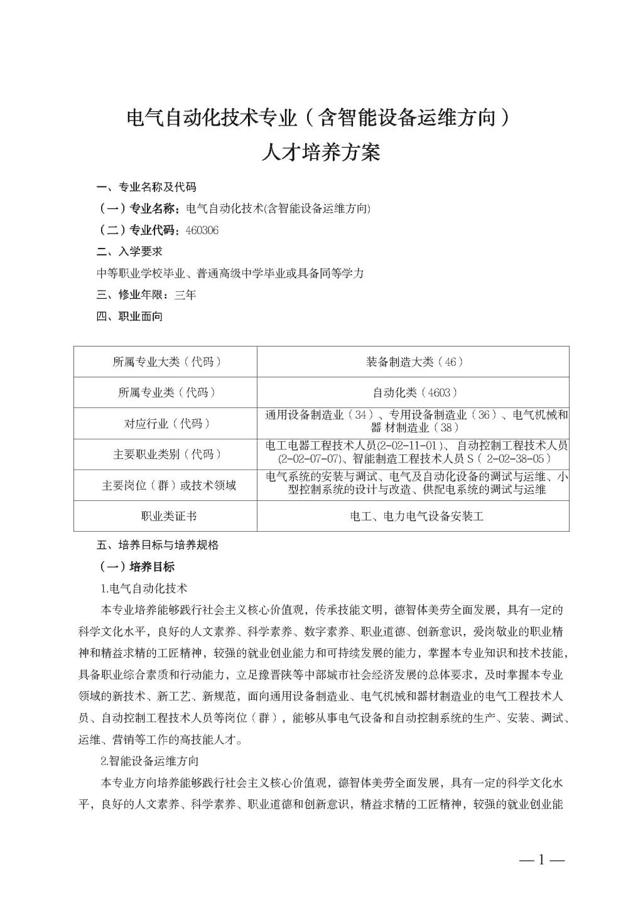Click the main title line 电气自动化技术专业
pyautogui.click(x=321, y=118)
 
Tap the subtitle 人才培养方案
pyautogui.click(x=321, y=153)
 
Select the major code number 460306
pyautogui.click(x=202, y=230)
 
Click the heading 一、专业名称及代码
pyautogui.click(x=146, y=187)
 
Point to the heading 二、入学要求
pyautogui.click(x=130, y=252)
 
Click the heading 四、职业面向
pyautogui.click(x=130, y=316)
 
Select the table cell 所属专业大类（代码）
pyautogui.click(x=166, y=362)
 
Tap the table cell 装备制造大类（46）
pyautogui.click(x=414, y=362)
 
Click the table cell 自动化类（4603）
pyautogui.click(x=414, y=392)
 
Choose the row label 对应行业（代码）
pyautogui.click(x=166, y=424)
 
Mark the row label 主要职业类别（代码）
pyautogui.click(x=166, y=455)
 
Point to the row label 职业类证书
pyautogui.click(x=166, y=516)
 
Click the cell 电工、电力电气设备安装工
pyautogui.click(x=414, y=516)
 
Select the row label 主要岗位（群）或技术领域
pyautogui.click(x=166, y=485)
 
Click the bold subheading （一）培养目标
pyautogui.click(x=137, y=567)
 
